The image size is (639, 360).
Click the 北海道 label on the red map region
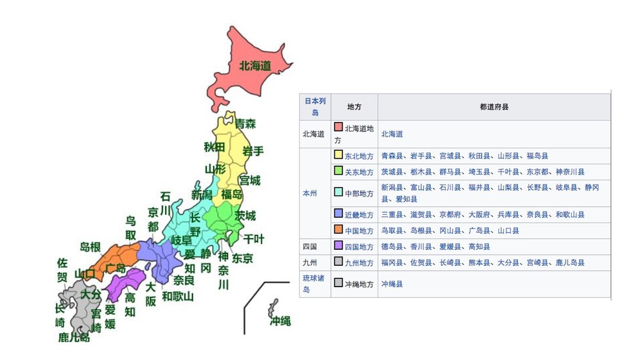255,66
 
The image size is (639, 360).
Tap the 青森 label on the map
245,124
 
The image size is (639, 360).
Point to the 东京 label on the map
243,258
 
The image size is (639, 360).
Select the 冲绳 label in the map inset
280,321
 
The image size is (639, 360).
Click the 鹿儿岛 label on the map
74,337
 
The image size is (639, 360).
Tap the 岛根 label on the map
90,247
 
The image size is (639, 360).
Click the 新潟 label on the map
201,195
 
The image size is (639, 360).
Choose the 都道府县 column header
494,107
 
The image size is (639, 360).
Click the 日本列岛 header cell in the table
315,107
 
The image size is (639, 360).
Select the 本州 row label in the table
310,193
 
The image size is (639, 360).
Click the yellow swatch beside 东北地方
338,155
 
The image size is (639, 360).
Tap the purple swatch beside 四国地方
338,246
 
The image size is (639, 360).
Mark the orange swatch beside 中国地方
338,230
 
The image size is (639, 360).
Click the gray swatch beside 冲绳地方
338,283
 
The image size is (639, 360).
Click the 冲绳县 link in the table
392,284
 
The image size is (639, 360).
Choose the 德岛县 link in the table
392,246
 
